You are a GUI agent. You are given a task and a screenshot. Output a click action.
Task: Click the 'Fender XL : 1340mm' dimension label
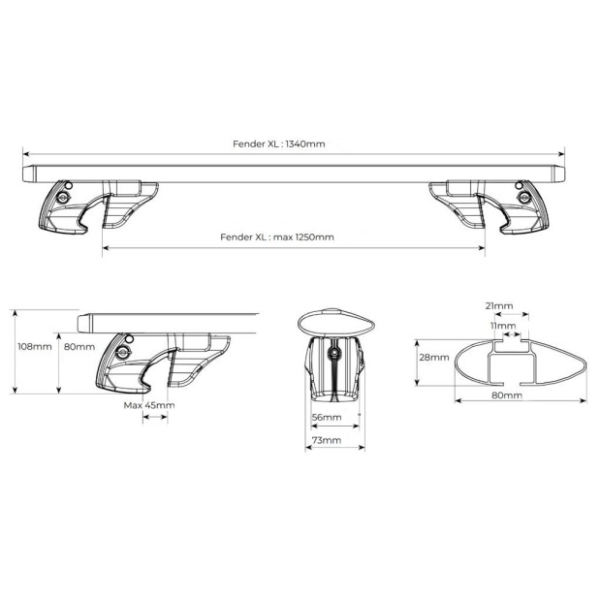click(278, 143)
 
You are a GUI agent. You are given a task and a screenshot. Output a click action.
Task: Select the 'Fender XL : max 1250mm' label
click(277, 237)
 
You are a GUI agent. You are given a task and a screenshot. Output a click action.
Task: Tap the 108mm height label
click(35, 347)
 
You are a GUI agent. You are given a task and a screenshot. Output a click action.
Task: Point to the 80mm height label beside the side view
click(79, 347)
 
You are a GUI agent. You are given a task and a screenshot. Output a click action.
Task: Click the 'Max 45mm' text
click(149, 405)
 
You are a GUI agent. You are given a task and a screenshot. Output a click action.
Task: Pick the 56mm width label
click(327, 417)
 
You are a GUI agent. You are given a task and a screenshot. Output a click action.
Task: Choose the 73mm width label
click(327, 440)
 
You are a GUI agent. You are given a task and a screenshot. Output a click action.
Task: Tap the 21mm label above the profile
click(499, 305)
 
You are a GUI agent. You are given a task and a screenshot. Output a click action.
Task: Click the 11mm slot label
click(503, 326)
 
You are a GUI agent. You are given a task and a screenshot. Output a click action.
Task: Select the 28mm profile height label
click(434, 357)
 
